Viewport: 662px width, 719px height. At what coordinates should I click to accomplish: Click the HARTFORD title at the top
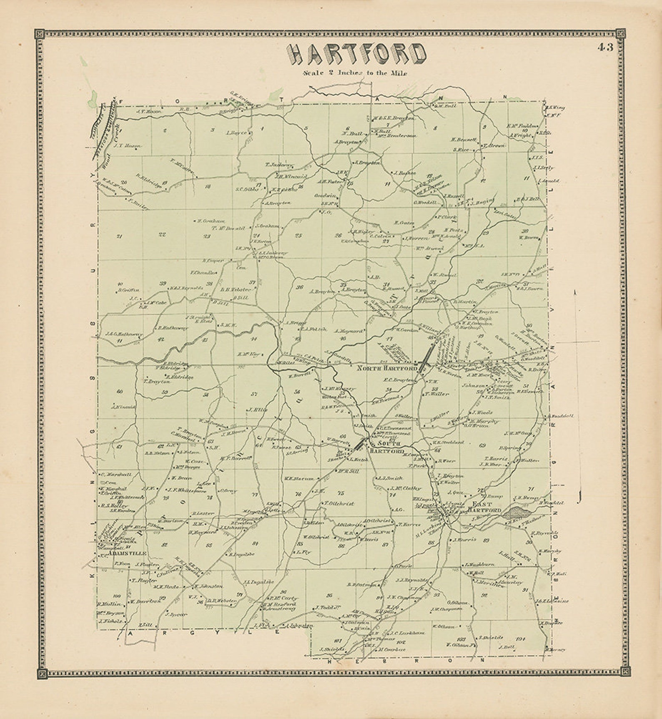(356, 54)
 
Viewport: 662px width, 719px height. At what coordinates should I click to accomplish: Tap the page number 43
(605, 47)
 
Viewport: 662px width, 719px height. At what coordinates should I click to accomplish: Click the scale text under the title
(355, 73)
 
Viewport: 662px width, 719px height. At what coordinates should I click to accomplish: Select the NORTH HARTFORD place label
(387, 369)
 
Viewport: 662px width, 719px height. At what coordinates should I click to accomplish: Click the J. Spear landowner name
(177, 614)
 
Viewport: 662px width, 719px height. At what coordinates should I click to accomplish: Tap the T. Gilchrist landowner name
(339, 503)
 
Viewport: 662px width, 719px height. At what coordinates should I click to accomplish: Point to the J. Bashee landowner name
(405, 173)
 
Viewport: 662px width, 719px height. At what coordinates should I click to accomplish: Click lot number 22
(162, 234)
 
